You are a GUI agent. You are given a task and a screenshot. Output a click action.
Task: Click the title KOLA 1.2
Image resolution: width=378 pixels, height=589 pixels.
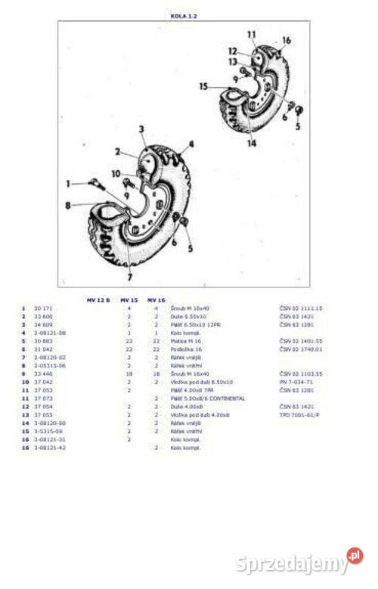pos(184,15)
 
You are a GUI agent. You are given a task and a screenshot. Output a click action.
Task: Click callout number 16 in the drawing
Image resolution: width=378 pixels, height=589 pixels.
pos(287,40)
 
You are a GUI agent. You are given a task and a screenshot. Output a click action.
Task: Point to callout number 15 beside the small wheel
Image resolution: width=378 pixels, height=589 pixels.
pos(203,87)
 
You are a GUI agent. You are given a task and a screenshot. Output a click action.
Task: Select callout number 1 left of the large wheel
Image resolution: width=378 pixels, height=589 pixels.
pos(68,183)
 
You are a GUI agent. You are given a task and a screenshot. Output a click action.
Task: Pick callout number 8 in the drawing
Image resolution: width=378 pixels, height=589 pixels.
pos(68,205)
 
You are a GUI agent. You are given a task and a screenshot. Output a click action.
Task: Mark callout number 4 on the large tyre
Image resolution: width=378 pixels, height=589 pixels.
pos(191,143)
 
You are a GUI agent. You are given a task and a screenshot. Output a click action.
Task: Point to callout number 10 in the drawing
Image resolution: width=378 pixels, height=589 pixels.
pos(115,174)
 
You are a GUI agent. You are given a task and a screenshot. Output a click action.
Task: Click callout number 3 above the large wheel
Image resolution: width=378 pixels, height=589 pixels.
pos(141,129)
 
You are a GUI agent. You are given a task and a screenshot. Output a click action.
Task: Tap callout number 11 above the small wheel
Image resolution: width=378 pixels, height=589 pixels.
pos(251,35)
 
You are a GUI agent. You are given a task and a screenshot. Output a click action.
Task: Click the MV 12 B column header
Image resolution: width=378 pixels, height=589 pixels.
pos(98,300)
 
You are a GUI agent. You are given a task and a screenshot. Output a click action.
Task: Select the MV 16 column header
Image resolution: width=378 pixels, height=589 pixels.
pos(156,300)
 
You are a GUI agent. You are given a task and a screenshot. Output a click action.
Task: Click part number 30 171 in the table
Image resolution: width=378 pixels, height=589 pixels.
pos(43,308)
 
